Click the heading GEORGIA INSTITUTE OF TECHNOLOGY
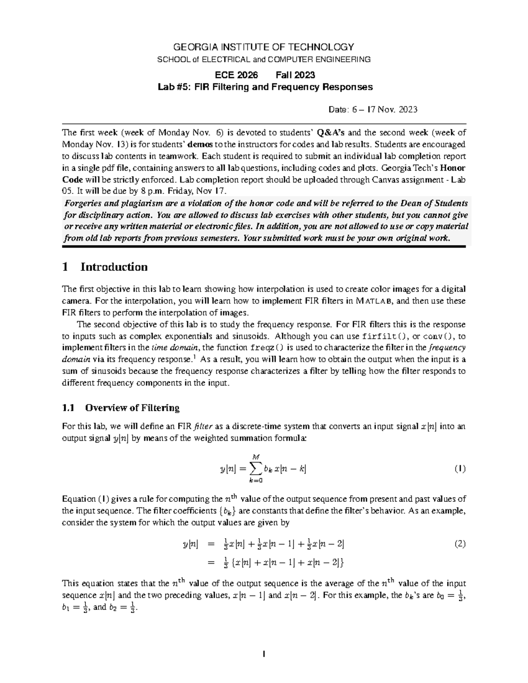click(264, 47)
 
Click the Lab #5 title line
click(265, 87)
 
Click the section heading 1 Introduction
click(105, 267)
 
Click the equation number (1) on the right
click(459, 469)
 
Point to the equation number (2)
click(459, 544)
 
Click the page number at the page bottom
click(264, 654)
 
